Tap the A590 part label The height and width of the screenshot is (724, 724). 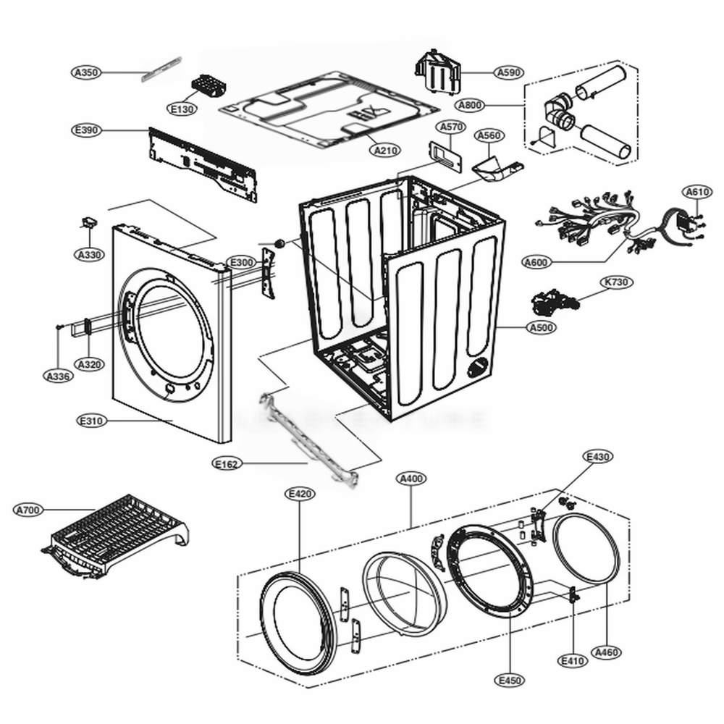pos(509,72)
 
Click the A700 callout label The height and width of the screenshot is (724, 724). pos(28,510)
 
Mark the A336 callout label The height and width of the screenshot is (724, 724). pos(57,376)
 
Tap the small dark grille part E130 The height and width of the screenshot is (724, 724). pos(209,86)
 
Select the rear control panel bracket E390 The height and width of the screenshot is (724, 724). pos(202,163)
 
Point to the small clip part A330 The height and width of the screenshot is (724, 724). pos(90,222)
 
